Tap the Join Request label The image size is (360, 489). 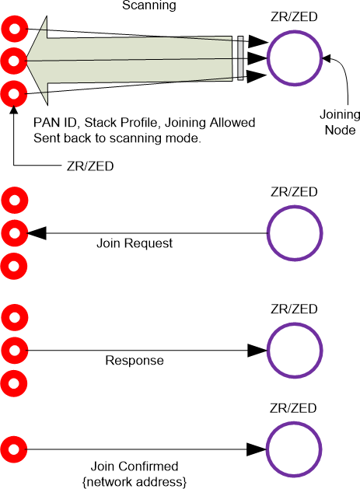(x=135, y=244)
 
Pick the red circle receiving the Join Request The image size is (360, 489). (x=14, y=232)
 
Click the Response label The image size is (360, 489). (x=135, y=361)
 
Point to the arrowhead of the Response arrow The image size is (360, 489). (x=257, y=350)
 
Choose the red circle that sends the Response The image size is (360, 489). (x=14, y=350)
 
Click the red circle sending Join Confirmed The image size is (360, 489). (x=14, y=449)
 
